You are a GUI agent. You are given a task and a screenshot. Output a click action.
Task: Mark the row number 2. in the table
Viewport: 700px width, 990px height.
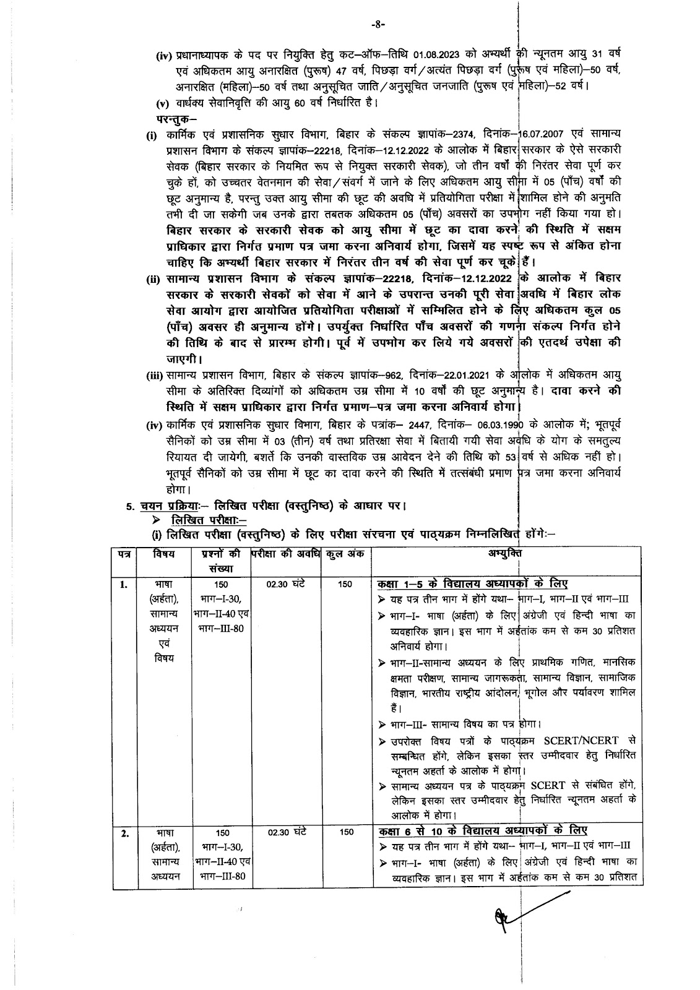pos(124,833)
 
